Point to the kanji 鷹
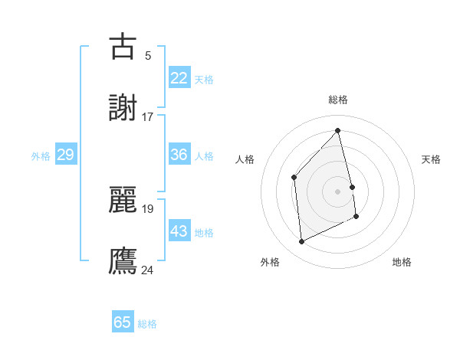123,261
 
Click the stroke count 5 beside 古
148,55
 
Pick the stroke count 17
148,117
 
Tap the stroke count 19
148,208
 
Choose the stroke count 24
148,270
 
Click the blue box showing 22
179,78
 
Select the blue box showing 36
179,155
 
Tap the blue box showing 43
179,231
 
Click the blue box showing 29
65,155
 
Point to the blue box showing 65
123,322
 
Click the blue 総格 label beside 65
147,324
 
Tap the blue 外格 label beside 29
41,156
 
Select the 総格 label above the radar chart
338,100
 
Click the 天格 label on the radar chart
432,159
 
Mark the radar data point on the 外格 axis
302,242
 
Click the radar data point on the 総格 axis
338,130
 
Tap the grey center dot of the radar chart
338,191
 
